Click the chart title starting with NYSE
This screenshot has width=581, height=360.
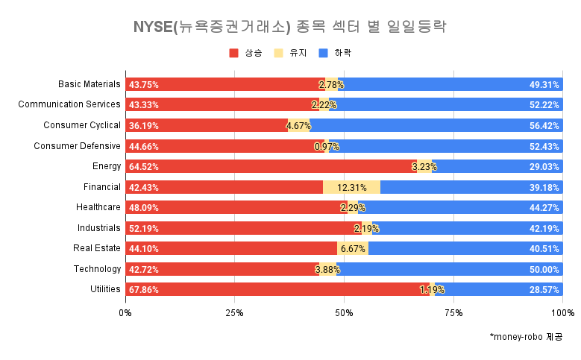tap(289, 28)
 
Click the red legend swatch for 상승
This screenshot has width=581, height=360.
tap(233, 53)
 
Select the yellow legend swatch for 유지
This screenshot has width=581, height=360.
tap(279, 53)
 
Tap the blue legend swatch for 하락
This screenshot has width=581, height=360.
tap(323, 53)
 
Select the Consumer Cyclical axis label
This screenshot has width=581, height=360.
tap(82, 125)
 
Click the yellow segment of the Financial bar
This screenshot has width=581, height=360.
tap(351, 187)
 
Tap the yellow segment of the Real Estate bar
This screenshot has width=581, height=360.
tap(353, 248)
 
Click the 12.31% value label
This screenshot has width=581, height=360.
tap(351, 187)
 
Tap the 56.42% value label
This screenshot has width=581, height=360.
tap(544, 125)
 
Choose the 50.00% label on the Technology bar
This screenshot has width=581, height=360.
tap(544, 269)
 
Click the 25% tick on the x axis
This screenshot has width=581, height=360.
tap(235, 312)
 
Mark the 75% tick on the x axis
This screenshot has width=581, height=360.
tap(453, 312)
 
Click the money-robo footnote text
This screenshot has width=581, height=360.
tap(526, 337)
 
